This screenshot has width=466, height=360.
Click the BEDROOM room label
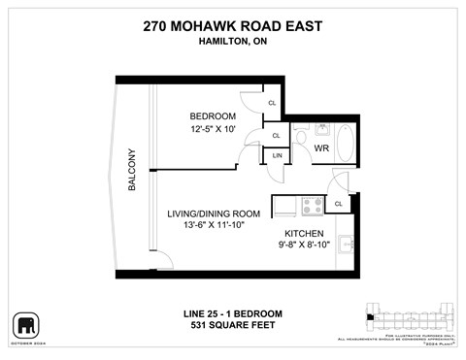tap(213, 117)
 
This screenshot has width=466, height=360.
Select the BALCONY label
tap(132, 169)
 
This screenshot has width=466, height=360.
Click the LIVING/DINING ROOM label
tap(214, 213)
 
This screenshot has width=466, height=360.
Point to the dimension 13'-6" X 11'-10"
tap(213, 226)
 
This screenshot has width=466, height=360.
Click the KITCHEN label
tap(305, 234)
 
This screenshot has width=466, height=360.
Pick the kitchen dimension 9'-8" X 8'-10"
tap(305, 246)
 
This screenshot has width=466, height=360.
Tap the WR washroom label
tap(322, 148)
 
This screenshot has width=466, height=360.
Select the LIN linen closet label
tap(278, 155)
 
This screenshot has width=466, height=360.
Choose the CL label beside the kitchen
tap(338, 204)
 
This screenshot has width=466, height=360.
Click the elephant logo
tap(24, 322)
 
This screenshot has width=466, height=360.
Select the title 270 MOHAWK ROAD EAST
tap(232, 26)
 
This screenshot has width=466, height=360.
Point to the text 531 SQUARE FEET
tap(233, 325)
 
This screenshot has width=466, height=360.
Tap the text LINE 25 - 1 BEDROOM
tap(233, 312)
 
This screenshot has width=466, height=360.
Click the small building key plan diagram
tap(408, 316)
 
